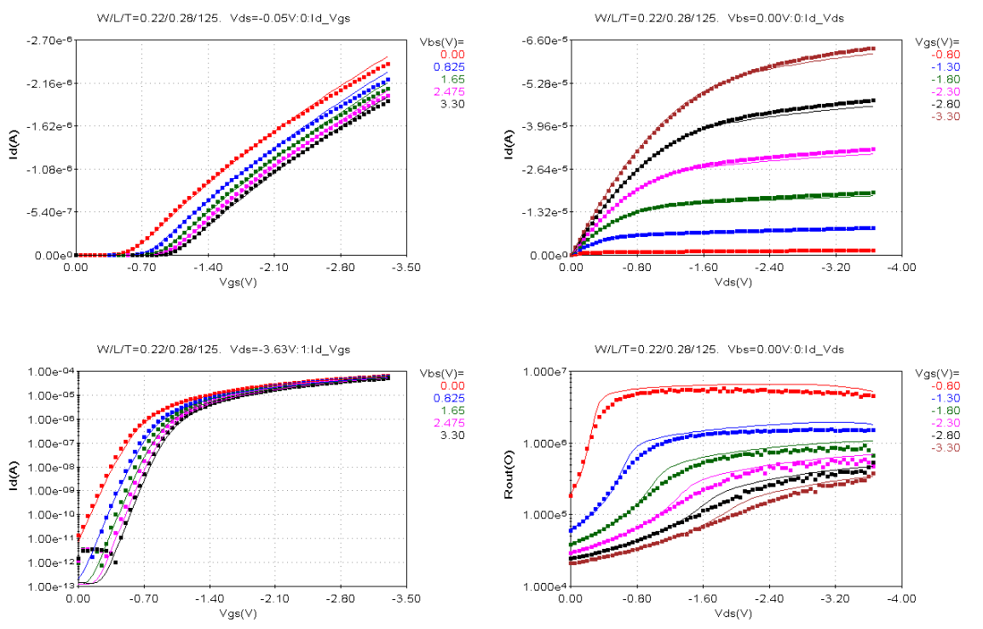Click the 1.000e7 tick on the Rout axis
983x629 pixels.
(x=543, y=372)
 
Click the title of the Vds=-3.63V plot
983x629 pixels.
(x=223, y=349)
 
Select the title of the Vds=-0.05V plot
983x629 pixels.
(x=223, y=17)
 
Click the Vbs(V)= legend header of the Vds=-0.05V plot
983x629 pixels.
(x=441, y=41)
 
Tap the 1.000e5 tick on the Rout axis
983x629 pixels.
(x=543, y=516)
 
